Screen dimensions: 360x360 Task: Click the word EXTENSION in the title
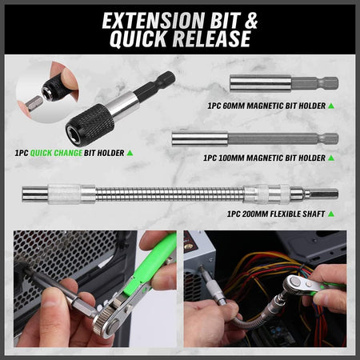tap(142, 19)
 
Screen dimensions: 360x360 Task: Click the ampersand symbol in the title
tap(250, 19)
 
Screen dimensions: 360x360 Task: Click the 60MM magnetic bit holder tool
tap(283, 82)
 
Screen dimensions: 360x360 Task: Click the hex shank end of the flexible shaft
tap(324, 194)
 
